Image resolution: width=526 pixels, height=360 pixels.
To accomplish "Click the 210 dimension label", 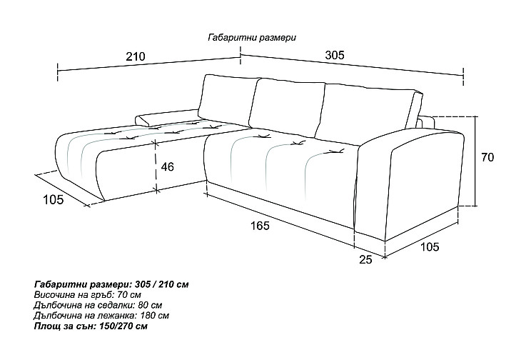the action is point(136,56).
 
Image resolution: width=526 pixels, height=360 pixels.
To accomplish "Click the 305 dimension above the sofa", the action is point(335,55).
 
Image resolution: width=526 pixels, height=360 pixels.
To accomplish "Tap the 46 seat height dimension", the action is point(168,166).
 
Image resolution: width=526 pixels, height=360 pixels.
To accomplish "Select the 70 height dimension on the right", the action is point(487,157).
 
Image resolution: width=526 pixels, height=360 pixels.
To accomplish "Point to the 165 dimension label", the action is point(260,226).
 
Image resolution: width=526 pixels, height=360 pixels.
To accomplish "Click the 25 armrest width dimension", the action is point(365,259).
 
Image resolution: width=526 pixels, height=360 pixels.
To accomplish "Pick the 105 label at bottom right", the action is point(430,247).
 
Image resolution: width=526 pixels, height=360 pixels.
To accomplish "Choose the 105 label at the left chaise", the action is point(53,199).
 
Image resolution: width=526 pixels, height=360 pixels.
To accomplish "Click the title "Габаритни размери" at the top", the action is point(252,37).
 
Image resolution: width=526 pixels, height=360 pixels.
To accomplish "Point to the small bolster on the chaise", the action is point(166,117).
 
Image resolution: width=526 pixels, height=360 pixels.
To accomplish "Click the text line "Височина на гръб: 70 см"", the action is point(87,295).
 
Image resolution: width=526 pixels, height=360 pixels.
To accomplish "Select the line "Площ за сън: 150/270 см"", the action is point(91,326).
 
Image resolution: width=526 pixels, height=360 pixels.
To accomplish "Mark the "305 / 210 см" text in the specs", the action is point(162,284).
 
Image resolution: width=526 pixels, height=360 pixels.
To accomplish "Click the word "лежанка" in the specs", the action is point(119,315).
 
